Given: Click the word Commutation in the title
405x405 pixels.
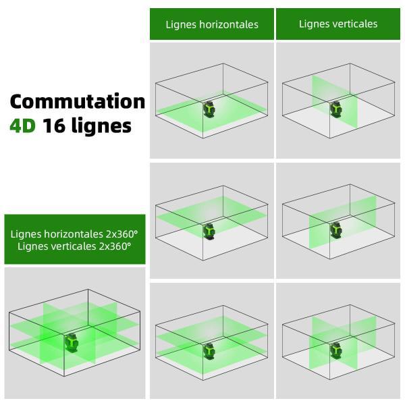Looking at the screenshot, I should click(x=77, y=101).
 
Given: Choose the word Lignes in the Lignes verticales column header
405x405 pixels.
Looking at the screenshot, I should click(x=314, y=24).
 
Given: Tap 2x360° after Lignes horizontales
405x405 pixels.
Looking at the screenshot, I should click(x=122, y=234).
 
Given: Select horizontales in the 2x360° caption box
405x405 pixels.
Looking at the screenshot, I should click(x=74, y=234).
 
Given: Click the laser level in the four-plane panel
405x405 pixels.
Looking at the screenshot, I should click(x=72, y=342).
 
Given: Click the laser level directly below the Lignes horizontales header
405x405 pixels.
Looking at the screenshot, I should click(x=209, y=110).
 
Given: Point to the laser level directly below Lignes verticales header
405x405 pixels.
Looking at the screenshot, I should click(x=335, y=109).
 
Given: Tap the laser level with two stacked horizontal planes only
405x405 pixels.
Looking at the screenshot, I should click(x=209, y=350).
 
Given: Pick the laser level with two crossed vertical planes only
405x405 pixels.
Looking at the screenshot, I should click(x=335, y=350).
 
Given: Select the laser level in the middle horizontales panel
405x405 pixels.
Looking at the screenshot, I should click(x=209, y=231).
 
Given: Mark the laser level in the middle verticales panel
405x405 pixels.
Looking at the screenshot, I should click(x=335, y=230).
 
